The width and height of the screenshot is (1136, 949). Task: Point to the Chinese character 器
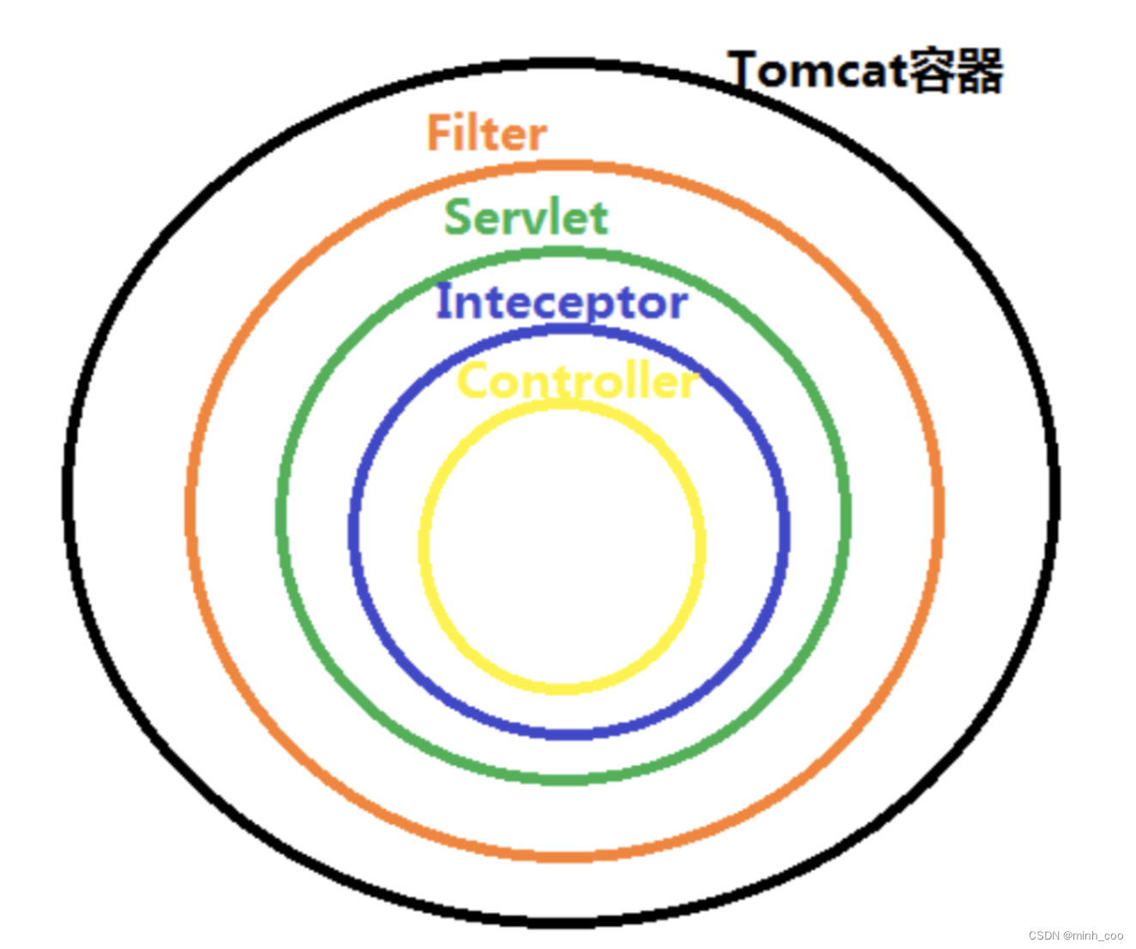pos(978,71)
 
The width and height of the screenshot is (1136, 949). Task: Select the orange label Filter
pos(486,134)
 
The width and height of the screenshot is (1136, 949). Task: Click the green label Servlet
pos(526,217)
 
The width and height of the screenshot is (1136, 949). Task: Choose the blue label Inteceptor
pos(562,302)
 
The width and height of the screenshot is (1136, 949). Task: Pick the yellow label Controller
pos(577,382)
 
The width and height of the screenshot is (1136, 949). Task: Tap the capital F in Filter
pos(440,134)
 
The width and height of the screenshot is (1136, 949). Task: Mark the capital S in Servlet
pos(459,217)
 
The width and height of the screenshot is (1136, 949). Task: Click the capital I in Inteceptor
pos(443,301)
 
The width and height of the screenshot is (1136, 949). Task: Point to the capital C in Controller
pos(474,382)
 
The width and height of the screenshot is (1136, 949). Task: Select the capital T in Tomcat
pos(745,70)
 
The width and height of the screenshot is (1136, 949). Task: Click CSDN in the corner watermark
pos(1043,935)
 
